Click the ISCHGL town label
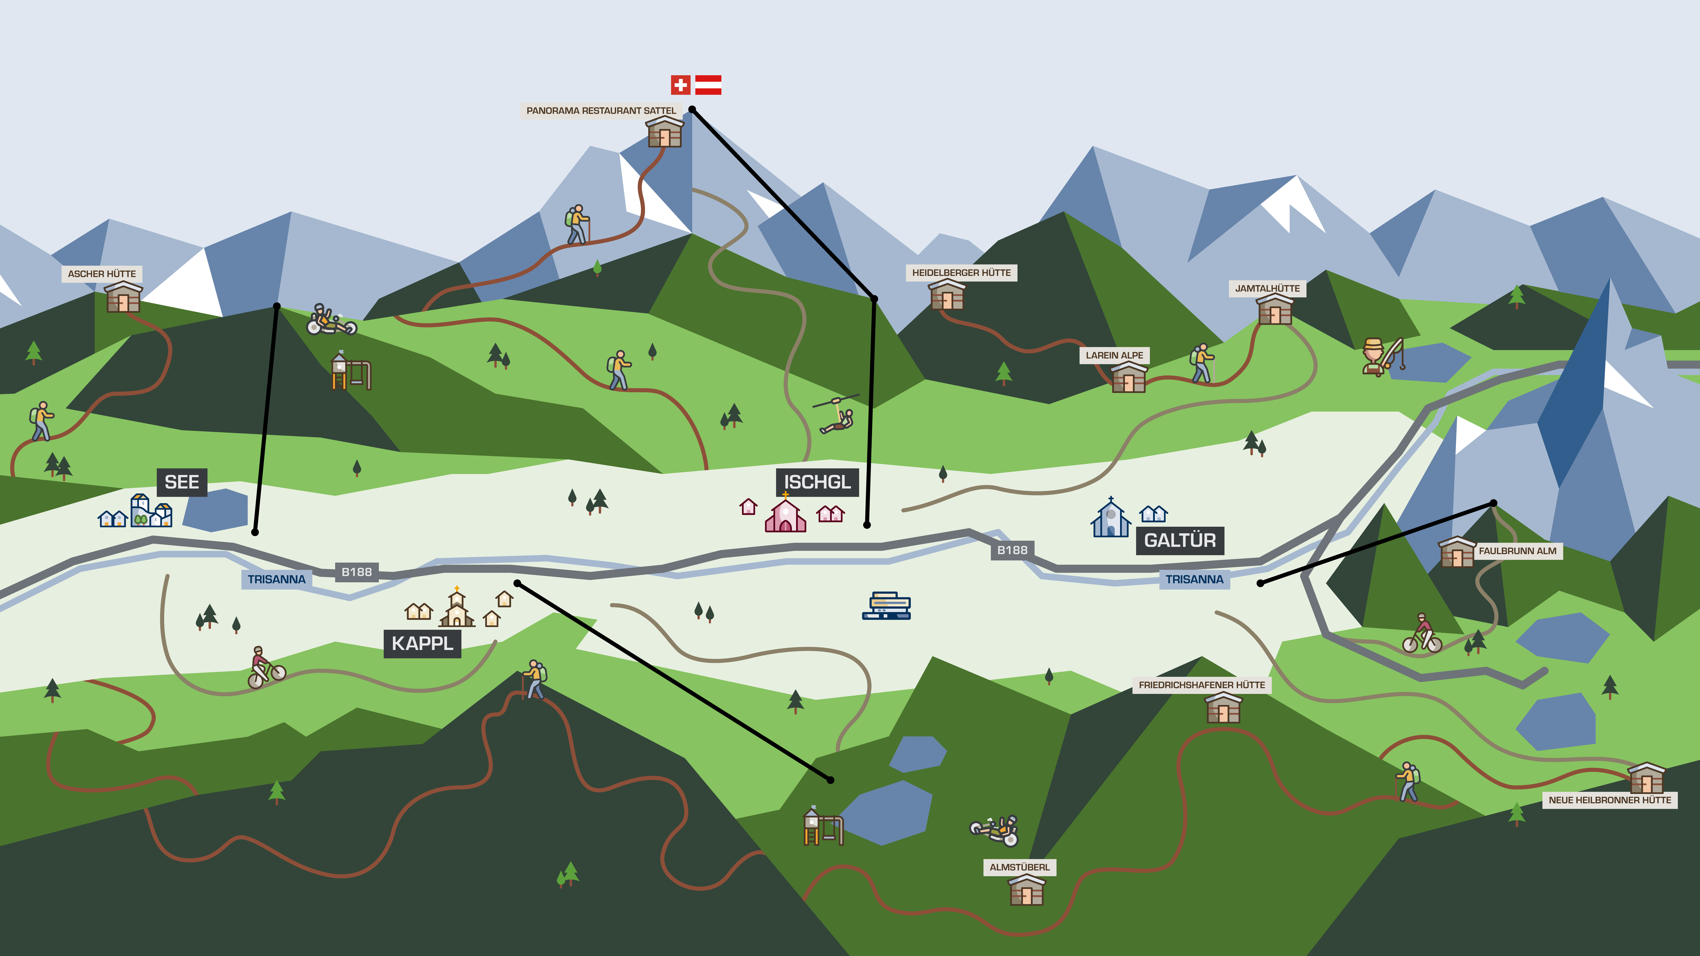click(x=817, y=482)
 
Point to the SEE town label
click(x=182, y=482)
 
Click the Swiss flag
click(x=680, y=85)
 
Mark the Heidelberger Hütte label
click(x=962, y=273)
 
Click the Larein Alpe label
click(x=1115, y=355)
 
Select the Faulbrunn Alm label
click(x=1518, y=551)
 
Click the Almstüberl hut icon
click(x=1027, y=890)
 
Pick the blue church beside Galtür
click(x=1111, y=518)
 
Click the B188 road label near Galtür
click(x=1012, y=550)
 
